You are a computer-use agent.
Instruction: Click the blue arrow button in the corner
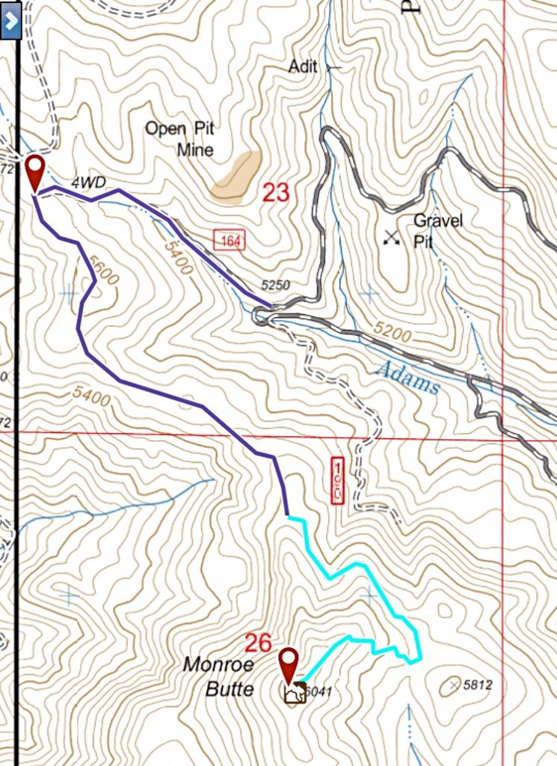click(10, 20)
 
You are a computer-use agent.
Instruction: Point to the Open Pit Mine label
click(179, 138)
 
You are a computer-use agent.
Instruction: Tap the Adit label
click(304, 67)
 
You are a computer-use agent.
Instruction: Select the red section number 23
click(275, 193)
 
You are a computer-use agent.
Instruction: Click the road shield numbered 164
click(226, 240)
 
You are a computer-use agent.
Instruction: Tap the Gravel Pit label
click(438, 230)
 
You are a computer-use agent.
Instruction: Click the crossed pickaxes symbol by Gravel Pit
click(390, 238)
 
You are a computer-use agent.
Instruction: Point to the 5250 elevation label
click(275, 285)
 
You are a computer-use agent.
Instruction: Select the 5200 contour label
click(392, 333)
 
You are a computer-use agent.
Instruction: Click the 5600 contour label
click(103, 269)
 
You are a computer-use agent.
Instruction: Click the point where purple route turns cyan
click(288, 516)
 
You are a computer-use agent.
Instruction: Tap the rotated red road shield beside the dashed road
click(336, 479)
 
